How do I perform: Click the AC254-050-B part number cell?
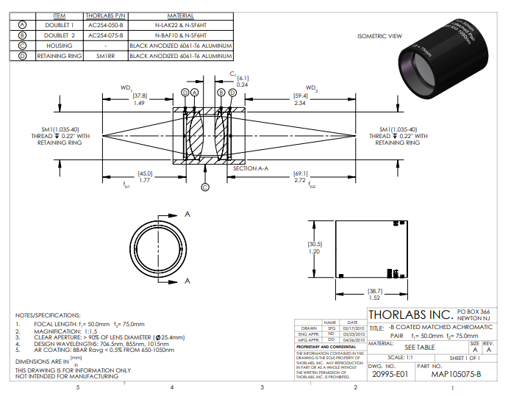click(x=105, y=24)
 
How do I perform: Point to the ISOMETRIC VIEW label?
click(x=379, y=36)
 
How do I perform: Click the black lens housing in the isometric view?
click(x=433, y=70)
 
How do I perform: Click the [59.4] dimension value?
click(x=301, y=96)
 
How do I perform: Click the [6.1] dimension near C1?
click(x=243, y=77)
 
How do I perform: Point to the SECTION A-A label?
click(x=249, y=168)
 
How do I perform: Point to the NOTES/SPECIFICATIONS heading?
click(x=49, y=314)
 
